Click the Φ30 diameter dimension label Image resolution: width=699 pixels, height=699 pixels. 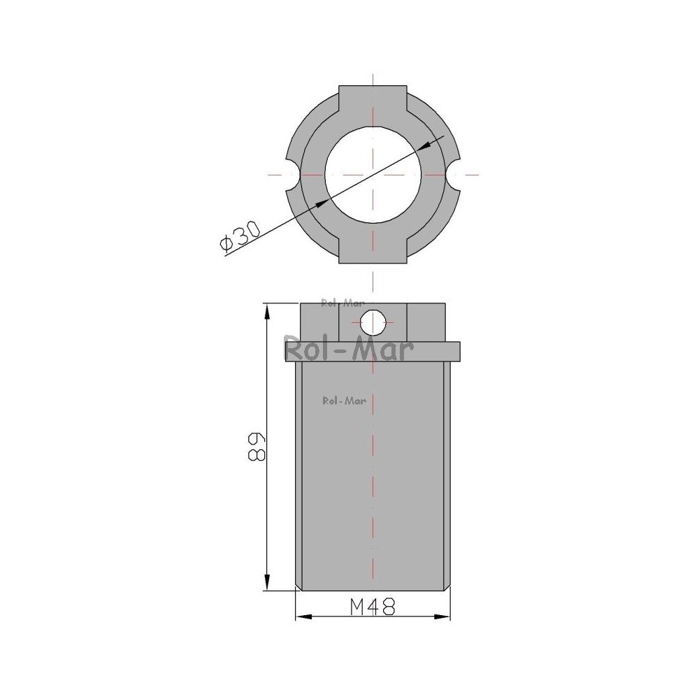point(240,237)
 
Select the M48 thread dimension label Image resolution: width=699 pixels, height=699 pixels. point(373,607)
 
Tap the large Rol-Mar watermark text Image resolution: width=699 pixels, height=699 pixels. point(349,349)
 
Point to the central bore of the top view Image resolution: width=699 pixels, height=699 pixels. point(373,174)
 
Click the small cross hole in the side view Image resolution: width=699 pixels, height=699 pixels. point(373,322)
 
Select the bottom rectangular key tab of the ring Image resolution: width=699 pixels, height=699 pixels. point(373,247)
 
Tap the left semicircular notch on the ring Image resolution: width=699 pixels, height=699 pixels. point(291,174)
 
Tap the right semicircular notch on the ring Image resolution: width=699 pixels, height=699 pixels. point(454,174)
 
